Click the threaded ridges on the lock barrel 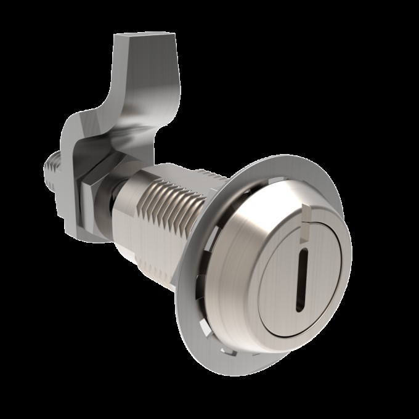point(169,197)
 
